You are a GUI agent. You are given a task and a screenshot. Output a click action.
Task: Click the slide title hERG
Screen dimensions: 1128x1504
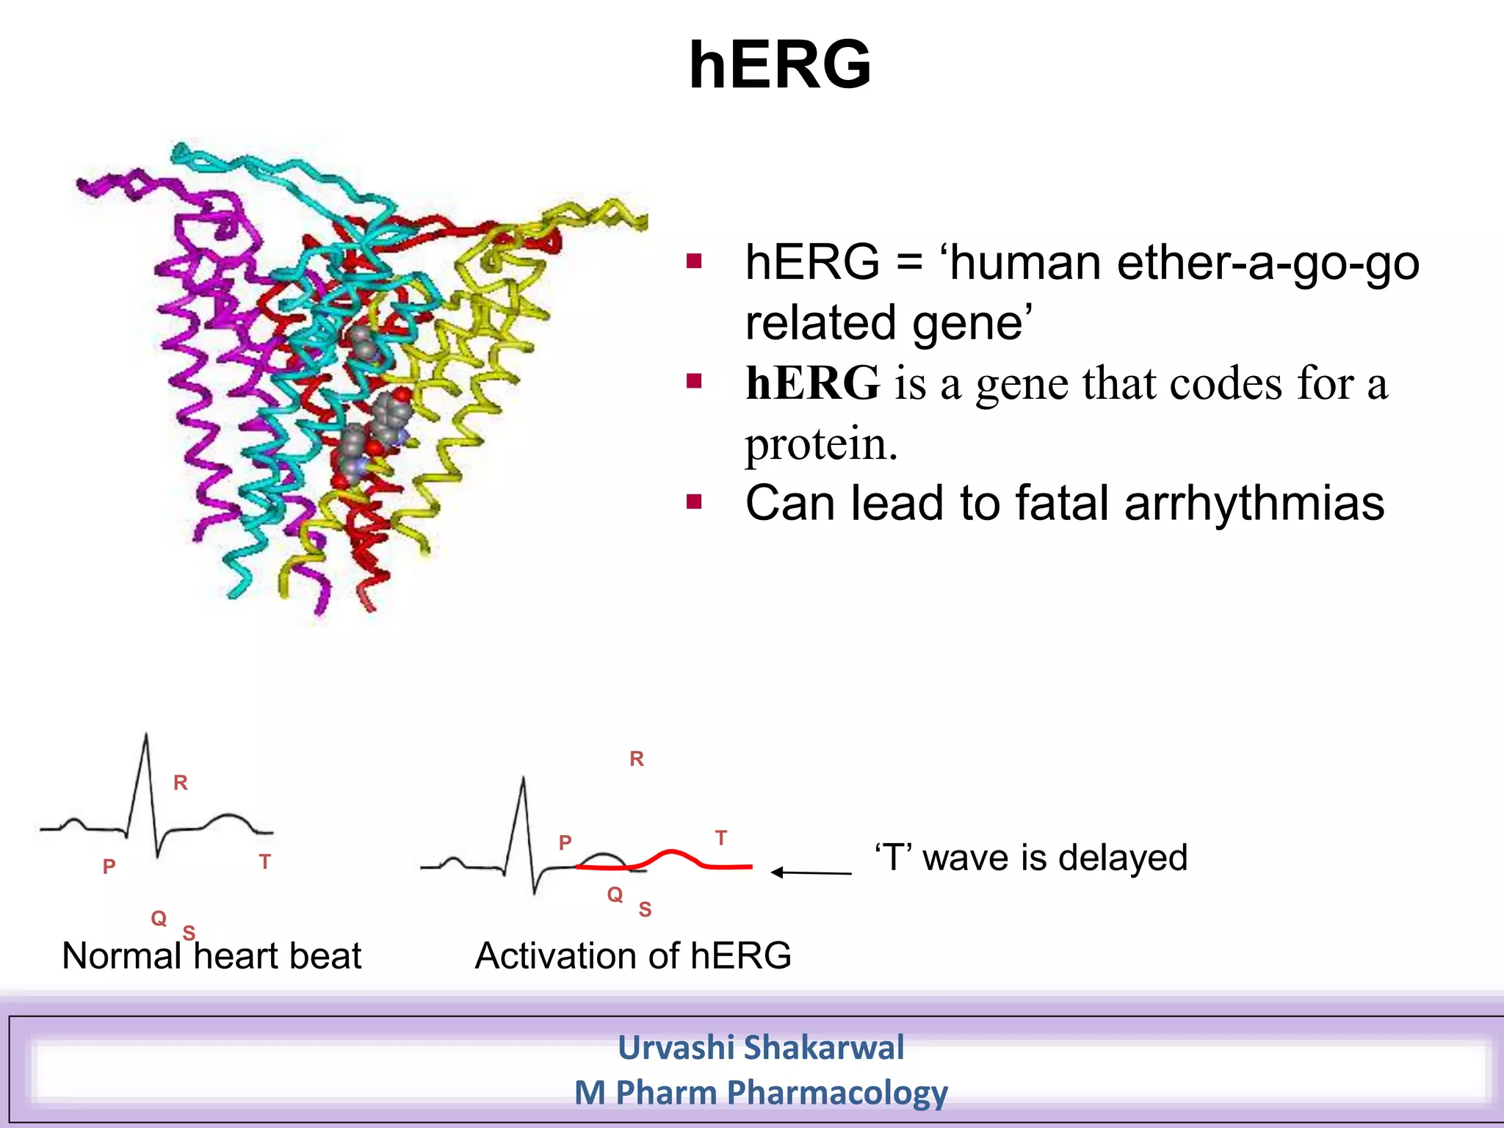[780, 66]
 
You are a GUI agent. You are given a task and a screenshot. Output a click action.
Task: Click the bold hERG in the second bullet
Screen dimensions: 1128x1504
[812, 383]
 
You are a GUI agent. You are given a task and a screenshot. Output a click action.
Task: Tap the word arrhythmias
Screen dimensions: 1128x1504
[1254, 504]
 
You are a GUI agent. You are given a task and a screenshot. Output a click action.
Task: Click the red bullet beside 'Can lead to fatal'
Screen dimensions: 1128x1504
[694, 502]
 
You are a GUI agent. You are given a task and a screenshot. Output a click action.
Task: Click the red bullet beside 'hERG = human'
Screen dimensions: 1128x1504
[694, 261]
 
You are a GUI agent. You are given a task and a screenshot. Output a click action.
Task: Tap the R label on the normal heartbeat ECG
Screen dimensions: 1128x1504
[181, 783]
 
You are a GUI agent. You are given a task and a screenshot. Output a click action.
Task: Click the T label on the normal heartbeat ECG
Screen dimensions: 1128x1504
[265, 861]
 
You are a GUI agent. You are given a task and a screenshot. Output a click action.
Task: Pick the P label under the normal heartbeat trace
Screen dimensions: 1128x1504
[109, 867]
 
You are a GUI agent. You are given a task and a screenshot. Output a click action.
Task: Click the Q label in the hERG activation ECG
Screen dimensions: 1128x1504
[615, 894]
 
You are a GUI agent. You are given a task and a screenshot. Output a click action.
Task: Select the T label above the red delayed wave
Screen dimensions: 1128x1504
[721, 838]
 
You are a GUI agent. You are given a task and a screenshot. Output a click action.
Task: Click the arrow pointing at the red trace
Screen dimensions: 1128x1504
[811, 872]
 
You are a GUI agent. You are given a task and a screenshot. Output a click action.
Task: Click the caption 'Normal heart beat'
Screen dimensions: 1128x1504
[211, 956]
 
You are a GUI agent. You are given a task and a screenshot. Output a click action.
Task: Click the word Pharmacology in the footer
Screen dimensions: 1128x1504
[837, 1093]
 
